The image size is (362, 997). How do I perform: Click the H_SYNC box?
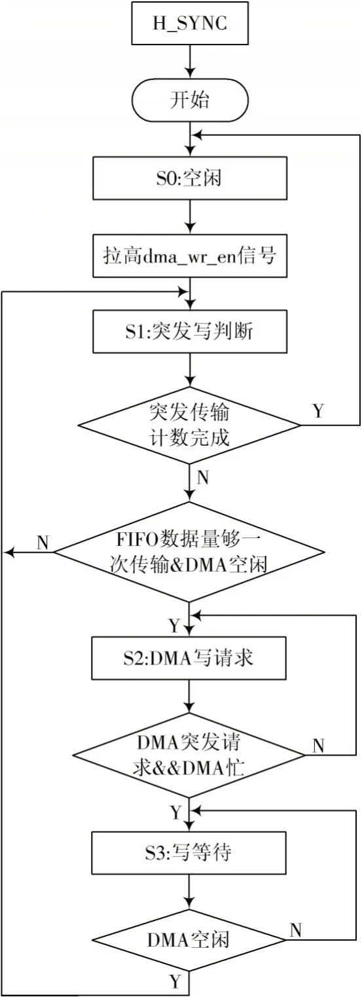click(190, 23)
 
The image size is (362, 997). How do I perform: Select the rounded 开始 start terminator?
click(190, 100)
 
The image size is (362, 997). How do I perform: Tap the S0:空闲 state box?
click(190, 178)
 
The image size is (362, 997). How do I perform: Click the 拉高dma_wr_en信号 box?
click(190, 256)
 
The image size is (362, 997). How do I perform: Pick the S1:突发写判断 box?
click(190, 332)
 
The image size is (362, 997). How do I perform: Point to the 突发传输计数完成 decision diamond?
click(190, 425)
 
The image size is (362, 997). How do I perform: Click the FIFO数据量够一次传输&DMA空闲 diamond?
click(190, 553)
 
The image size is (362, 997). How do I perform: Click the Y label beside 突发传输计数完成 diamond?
click(318, 410)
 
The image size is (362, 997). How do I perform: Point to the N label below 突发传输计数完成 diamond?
click(202, 478)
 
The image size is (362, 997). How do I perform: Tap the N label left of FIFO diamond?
click(43, 543)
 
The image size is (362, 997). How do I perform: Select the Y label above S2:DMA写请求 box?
click(174, 626)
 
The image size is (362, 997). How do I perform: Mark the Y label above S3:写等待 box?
click(176, 813)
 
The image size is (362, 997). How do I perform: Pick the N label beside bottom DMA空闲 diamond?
click(296, 930)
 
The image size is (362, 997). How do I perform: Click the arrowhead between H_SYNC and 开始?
click(190, 73)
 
